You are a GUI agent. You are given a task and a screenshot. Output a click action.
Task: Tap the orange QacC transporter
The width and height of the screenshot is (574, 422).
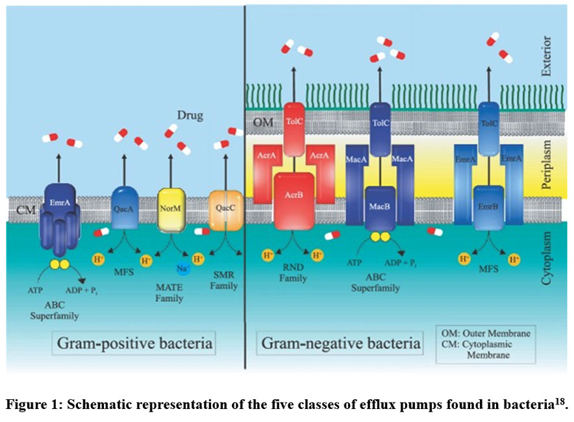[225, 209]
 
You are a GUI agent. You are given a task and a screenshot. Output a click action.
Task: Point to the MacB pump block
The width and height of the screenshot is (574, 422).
[380, 206]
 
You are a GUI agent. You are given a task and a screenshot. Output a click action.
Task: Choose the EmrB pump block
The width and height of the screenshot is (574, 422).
[488, 206]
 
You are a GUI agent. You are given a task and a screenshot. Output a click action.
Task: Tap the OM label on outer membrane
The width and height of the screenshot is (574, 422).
[263, 121]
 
